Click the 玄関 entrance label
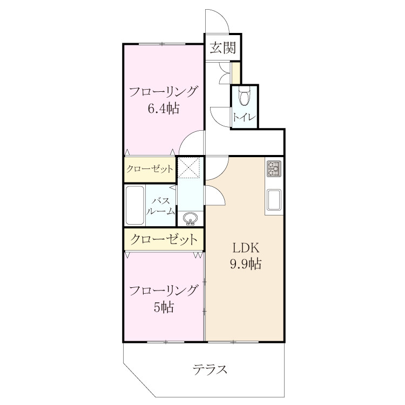pyautogui.click(x=222, y=48)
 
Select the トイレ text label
pyautogui.click(x=244, y=118)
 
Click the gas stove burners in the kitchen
pyautogui.click(x=274, y=168)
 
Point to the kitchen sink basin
pyautogui.click(x=274, y=200)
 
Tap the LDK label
pyautogui.click(x=246, y=248)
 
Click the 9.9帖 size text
pyautogui.click(x=246, y=264)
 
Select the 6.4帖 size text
pyautogui.click(x=164, y=108)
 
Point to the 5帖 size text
pyautogui.click(x=164, y=307)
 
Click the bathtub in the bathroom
pyautogui.click(x=134, y=205)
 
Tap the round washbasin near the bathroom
pyautogui.click(x=191, y=219)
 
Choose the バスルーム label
pyautogui.click(x=160, y=206)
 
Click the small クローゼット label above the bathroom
pyautogui.click(x=150, y=169)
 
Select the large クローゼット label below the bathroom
pyautogui.click(x=164, y=239)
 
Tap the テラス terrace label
pyautogui.click(x=210, y=369)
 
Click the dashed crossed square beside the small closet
pyautogui.click(x=189, y=167)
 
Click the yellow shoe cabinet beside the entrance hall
pyautogui.click(x=235, y=72)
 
